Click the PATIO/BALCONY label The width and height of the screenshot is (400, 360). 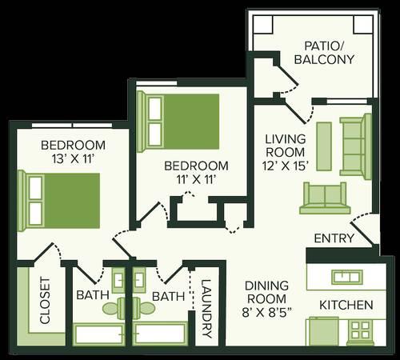coord(324,53)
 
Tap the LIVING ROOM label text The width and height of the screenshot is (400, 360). coord(286,146)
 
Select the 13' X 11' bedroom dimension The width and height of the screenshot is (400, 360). coord(74,159)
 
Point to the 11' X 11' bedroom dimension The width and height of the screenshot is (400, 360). coord(196,179)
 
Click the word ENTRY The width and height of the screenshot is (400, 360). coord(334,238)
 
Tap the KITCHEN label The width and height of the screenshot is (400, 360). coord(346,305)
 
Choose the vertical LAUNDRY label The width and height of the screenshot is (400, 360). coord(206,309)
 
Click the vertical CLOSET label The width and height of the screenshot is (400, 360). coord(45,301)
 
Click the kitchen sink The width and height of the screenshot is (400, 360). coord(347,277)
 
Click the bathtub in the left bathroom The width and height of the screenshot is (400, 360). coord(98,334)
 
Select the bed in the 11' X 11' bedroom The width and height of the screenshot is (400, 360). coord(178,122)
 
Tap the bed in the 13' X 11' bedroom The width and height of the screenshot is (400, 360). coord(58,201)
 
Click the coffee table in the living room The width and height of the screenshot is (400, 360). coord(324,146)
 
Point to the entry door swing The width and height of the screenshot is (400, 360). coord(364,229)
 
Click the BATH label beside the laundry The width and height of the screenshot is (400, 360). coord(168,296)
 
